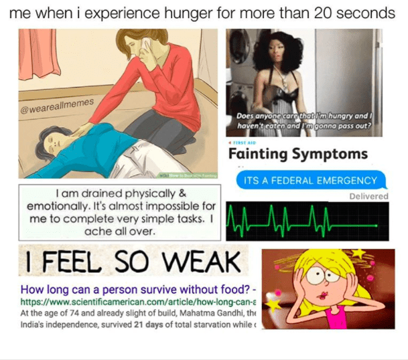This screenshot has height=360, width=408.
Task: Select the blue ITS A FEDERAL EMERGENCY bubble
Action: (x=311, y=180)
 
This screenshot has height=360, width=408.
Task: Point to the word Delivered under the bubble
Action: (x=368, y=196)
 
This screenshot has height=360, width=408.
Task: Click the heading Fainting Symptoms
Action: (x=298, y=155)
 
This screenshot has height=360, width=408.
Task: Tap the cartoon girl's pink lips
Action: (x=324, y=294)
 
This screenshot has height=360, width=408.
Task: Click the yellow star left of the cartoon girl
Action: (x=273, y=304)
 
